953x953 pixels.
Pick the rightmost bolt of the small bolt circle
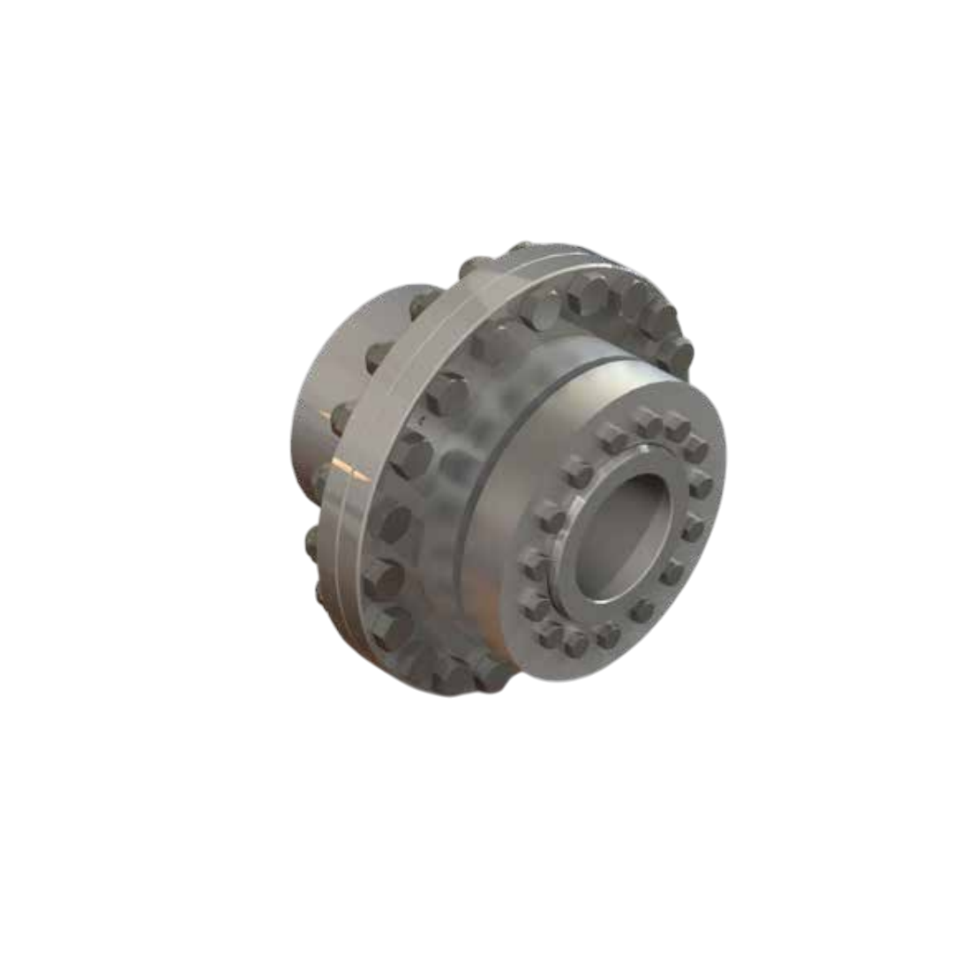click(702, 484)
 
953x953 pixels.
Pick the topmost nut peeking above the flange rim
click(521, 248)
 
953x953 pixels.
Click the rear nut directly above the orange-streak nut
click(378, 356)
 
